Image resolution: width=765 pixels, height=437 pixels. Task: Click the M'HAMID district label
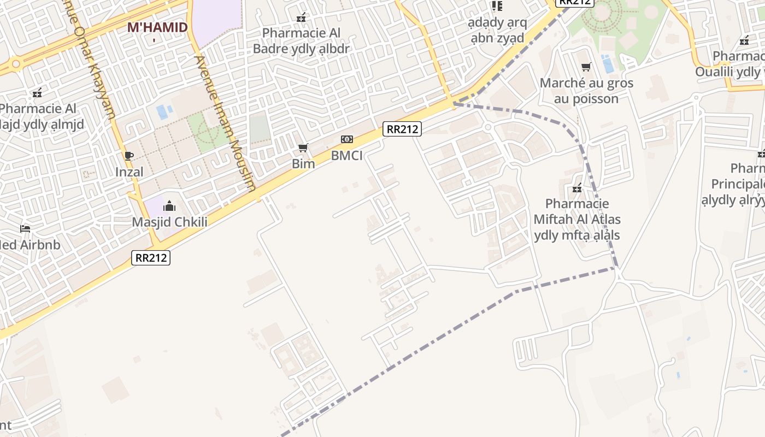(x=157, y=27)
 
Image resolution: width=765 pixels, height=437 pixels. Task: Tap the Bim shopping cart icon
(x=303, y=148)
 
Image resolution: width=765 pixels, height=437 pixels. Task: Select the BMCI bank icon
(x=347, y=139)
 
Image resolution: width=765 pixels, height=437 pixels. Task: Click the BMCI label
(x=347, y=156)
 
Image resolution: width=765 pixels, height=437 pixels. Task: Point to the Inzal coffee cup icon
(x=129, y=156)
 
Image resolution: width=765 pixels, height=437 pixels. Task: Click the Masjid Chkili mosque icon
(x=169, y=206)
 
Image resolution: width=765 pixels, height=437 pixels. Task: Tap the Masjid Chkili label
(x=169, y=222)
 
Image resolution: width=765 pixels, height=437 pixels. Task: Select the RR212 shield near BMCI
(x=402, y=129)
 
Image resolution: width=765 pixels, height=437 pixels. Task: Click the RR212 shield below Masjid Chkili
(x=151, y=258)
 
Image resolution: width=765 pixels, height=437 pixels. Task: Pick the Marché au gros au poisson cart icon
(x=586, y=67)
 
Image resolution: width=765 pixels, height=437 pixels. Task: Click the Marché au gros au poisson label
(x=586, y=91)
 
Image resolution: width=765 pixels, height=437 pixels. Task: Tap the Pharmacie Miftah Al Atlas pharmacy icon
(x=577, y=188)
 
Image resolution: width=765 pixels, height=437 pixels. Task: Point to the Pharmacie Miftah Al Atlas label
(x=577, y=220)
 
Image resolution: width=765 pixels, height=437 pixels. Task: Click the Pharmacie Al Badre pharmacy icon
(x=301, y=17)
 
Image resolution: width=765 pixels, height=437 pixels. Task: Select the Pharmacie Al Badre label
(x=301, y=40)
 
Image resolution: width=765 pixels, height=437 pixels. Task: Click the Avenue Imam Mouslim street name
(x=225, y=123)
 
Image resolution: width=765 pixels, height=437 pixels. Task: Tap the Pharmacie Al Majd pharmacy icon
(x=37, y=93)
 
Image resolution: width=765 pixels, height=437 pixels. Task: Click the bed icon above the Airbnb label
(x=25, y=228)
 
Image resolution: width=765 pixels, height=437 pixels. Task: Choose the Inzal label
(x=129, y=172)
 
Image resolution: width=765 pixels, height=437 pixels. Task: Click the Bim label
(x=303, y=164)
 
